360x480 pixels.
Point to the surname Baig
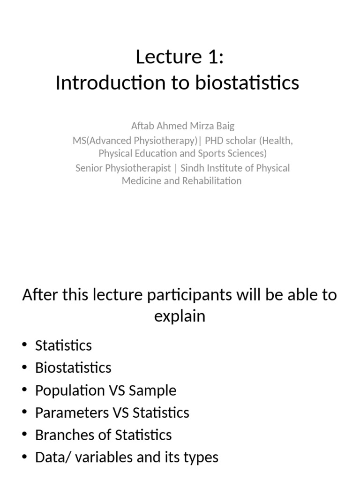tap(224, 126)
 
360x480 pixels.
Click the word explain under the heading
tap(180, 316)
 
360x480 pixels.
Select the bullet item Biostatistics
tap(73, 367)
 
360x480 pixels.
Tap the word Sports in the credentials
tap(213, 153)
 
